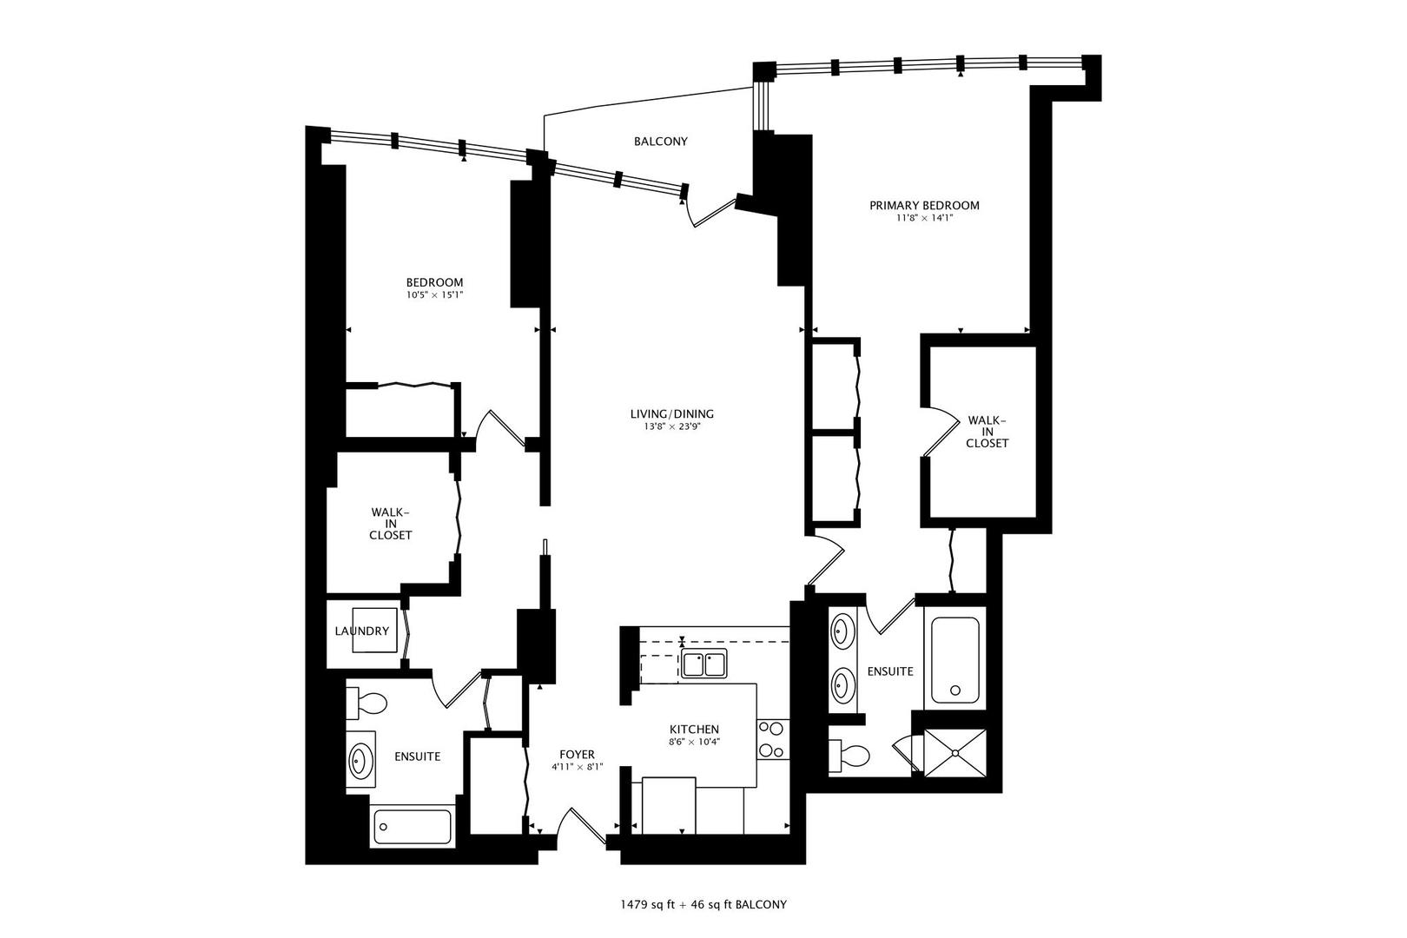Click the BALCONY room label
point(660,142)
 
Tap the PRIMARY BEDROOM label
point(924,206)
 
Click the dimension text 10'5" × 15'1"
point(434,295)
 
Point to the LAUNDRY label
point(361,631)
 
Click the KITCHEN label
point(693,729)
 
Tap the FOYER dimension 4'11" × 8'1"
point(577,768)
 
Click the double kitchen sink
point(704,664)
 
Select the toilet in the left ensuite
point(367,703)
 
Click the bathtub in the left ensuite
point(413,827)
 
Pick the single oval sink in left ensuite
point(359,762)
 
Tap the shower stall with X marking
point(955,752)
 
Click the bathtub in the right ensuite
point(955,660)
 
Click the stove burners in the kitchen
point(772,739)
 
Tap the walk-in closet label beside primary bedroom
point(988,432)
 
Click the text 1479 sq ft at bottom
point(642,904)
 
